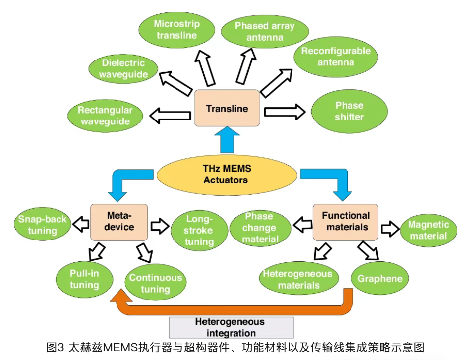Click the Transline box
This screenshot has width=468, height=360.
tap(227, 108)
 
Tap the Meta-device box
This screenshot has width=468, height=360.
tap(119, 222)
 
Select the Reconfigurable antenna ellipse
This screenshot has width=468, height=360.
tap(336, 57)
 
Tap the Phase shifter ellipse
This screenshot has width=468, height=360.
tap(349, 111)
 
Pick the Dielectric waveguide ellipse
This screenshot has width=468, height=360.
tap(123, 69)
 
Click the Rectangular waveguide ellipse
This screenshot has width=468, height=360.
tap(105, 116)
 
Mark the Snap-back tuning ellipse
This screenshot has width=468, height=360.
tap(42, 225)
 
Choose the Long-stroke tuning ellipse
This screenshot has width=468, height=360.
tap(199, 231)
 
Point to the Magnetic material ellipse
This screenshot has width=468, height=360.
tap(428, 230)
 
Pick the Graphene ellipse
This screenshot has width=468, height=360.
tap(380, 278)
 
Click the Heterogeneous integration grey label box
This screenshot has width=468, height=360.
tap(231, 327)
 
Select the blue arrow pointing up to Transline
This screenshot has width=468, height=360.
tap(227, 140)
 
